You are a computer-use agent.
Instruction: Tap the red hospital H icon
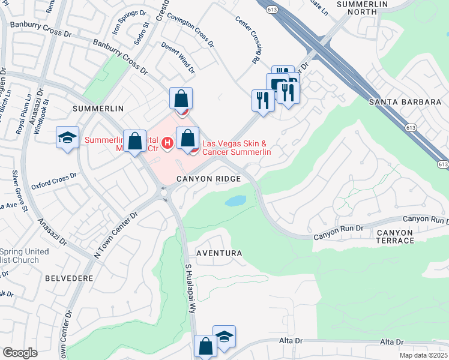168,143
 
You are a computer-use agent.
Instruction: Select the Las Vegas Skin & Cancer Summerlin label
237,148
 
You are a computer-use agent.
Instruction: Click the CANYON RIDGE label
208,179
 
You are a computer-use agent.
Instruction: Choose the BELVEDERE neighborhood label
68,278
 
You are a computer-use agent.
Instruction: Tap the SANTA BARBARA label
405,102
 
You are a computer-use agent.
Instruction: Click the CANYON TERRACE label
396,236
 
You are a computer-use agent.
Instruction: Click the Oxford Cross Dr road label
55,181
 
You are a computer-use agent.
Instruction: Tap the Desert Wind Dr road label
178,58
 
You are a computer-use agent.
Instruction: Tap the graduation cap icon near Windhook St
68,137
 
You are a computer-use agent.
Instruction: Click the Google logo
20,353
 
